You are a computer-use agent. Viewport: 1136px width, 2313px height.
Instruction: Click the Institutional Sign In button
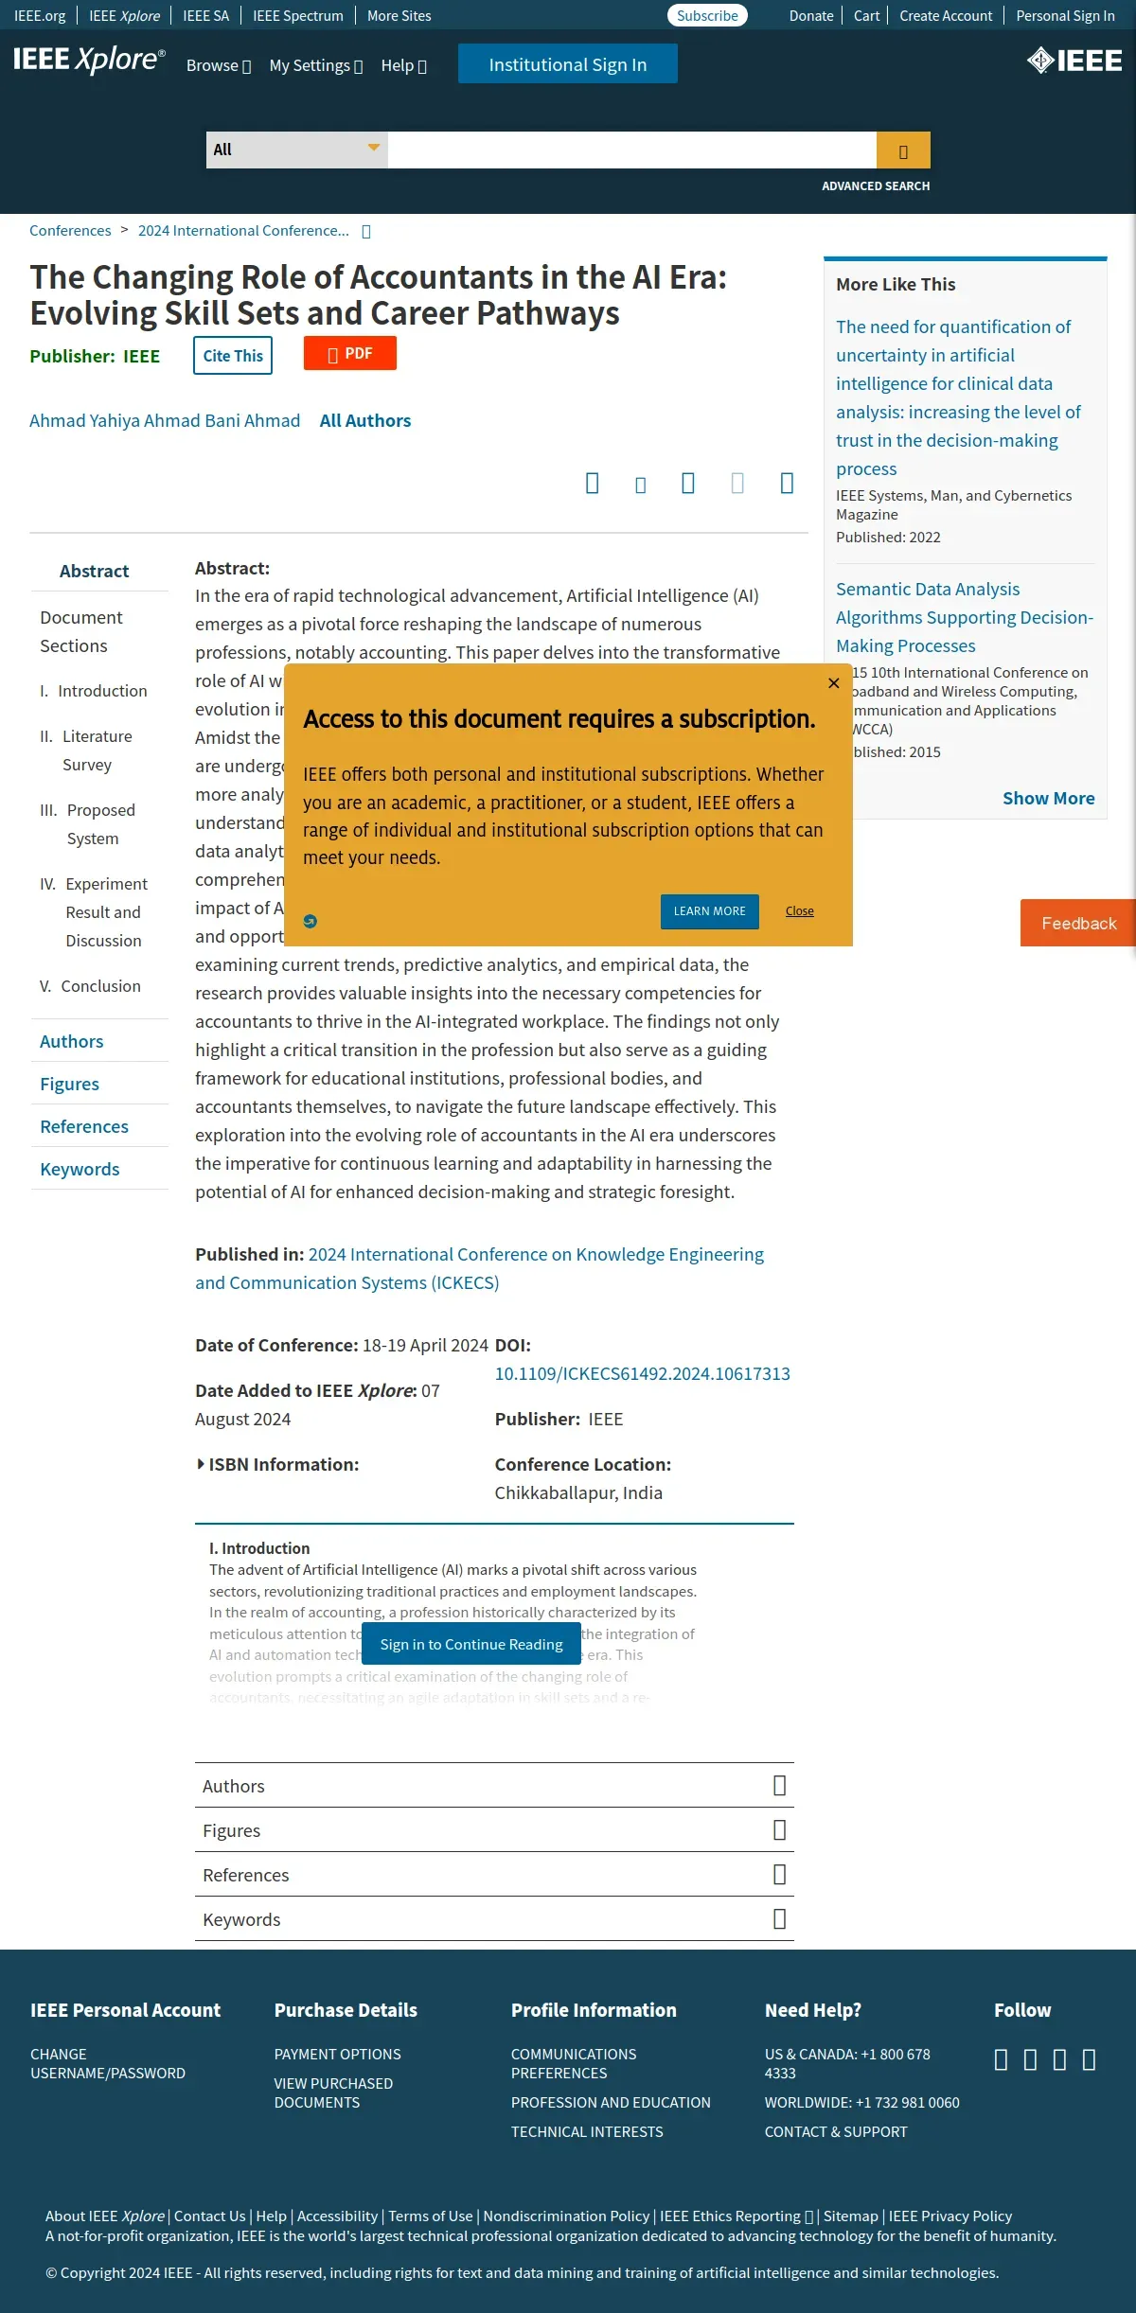pyautogui.click(x=567, y=64)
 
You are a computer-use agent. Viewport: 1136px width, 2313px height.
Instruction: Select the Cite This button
pyautogui.click(x=233, y=356)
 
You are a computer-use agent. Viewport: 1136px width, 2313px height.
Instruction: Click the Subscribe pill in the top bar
pyautogui.click(x=707, y=16)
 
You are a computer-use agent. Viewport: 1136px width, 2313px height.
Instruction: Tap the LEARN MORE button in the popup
pyautogui.click(x=709, y=911)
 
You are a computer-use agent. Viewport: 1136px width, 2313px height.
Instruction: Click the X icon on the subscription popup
pyautogui.click(x=833, y=683)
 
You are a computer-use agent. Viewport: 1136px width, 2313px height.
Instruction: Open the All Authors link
pyautogui.click(x=365, y=421)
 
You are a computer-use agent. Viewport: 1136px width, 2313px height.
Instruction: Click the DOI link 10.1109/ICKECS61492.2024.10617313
pyautogui.click(x=642, y=1374)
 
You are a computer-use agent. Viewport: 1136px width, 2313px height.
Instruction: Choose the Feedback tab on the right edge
pyautogui.click(x=1078, y=923)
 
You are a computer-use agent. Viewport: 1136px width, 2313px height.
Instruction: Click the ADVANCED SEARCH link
pyautogui.click(x=876, y=186)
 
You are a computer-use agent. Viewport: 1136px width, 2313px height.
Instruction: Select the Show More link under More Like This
pyautogui.click(x=1048, y=799)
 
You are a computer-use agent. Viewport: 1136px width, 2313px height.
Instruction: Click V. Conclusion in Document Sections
pyautogui.click(x=91, y=986)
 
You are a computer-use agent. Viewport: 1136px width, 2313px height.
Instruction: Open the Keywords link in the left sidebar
pyautogui.click(x=80, y=1170)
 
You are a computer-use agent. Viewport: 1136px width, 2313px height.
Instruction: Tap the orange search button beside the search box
pyautogui.click(x=903, y=150)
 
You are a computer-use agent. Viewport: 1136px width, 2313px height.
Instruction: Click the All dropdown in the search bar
pyautogui.click(x=296, y=150)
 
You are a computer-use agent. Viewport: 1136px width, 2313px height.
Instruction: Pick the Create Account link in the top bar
pyautogui.click(x=946, y=16)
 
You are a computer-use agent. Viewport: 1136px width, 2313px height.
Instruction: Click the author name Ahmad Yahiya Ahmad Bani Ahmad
pyautogui.click(x=165, y=421)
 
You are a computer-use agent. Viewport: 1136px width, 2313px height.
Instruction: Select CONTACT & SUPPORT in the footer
pyautogui.click(x=836, y=2132)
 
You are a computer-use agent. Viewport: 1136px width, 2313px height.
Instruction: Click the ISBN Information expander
pyautogui.click(x=277, y=1465)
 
